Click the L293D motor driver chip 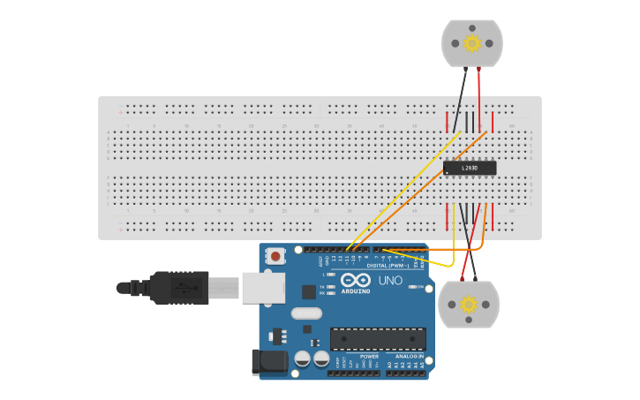pyautogui.click(x=469, y=168)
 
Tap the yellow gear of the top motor pyautogui.click(x=472, y=42)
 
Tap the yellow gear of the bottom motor pyautogui.click(x=469, y=305)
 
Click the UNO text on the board pyautogui.click(x=390, y=281)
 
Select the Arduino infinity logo pyautogui.click(x=355, y=280)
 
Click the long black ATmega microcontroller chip pyautogui.click(x=378, y=338)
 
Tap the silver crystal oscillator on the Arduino pyautogui.click(x=306, y=313)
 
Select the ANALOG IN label pyautogui.click(x=403, y=356)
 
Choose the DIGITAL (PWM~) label pyautogui.click(x=388, y=265)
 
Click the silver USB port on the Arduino pyautogui.click(x=263, y=287)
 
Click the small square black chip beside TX pyautogui.click(x=308, y=291)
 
